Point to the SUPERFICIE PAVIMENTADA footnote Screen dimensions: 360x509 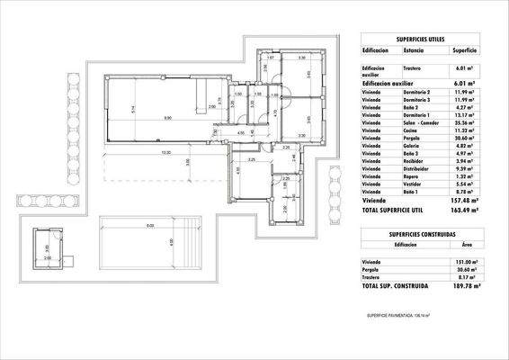coord(398,316)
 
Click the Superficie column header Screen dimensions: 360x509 coord(464,52)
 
